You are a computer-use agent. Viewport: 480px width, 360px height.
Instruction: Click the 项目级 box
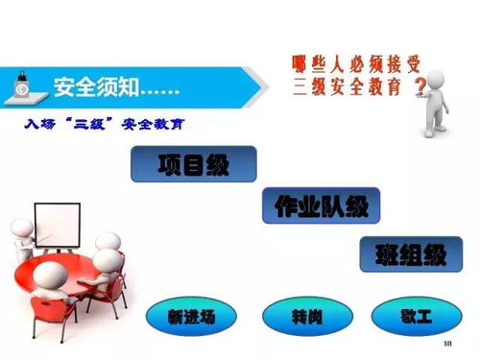(194, 164)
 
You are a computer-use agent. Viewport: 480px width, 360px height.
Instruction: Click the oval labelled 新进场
(188, 316)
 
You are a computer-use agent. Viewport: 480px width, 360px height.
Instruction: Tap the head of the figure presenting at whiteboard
(20, 228)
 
